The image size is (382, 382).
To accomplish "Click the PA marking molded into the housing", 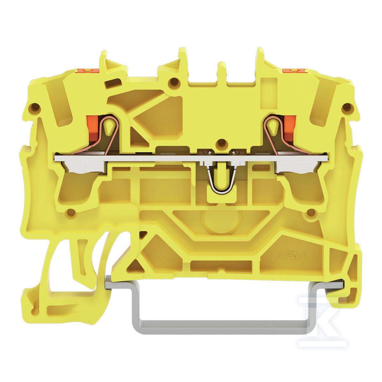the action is (292, 256).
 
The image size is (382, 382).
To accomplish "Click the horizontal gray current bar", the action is (191, 158).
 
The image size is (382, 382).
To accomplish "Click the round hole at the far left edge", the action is (36, 107).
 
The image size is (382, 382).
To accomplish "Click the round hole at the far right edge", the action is (346, 107).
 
